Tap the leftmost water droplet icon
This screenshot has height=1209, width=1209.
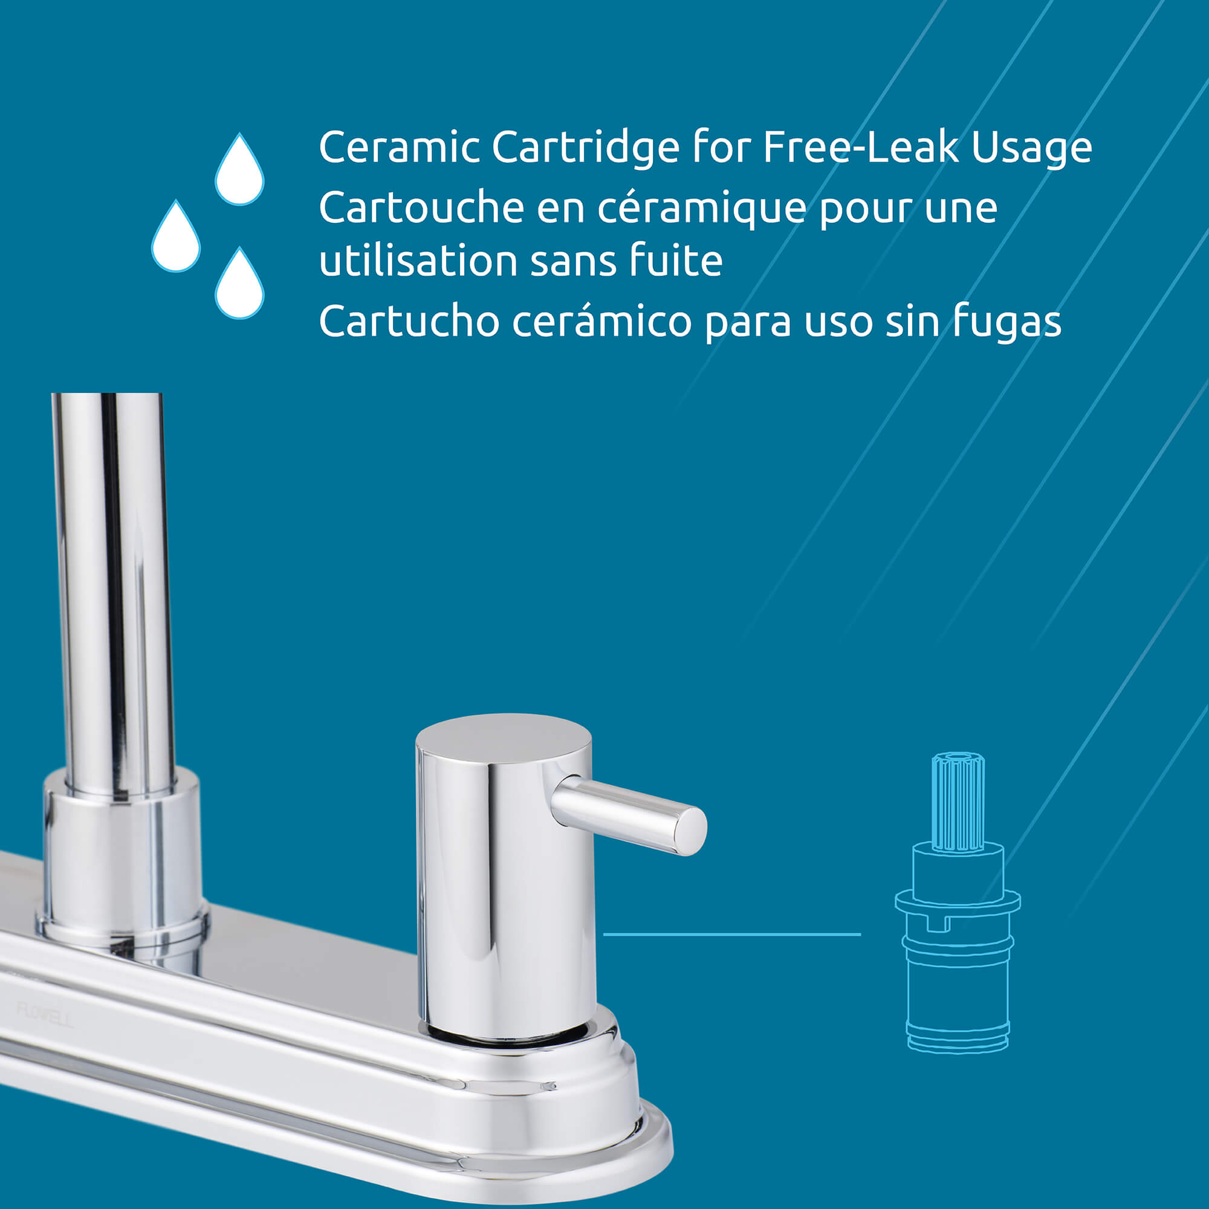[176, 236]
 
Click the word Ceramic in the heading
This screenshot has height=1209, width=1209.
[399, 147]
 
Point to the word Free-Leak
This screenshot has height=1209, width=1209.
[860, 147]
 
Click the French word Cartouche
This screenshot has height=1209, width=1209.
[421, 207]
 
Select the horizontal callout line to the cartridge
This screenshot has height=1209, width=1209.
[731, 935]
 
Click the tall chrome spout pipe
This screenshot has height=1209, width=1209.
[114, 594]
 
